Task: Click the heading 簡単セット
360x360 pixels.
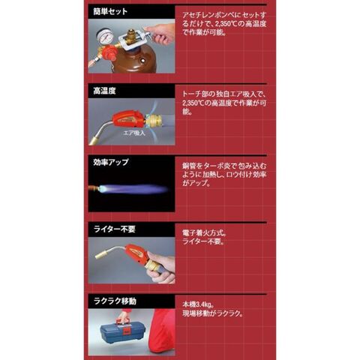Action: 110,11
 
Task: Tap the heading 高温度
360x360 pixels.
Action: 104,91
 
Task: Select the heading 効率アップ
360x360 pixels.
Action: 111,162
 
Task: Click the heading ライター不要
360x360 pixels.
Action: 115,229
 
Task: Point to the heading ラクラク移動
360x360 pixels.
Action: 115,301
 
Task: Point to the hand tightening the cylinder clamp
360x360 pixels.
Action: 162,34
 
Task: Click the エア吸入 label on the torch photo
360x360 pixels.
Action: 134,133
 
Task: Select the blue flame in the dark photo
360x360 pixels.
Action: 133,189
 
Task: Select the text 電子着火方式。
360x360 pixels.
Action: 205,233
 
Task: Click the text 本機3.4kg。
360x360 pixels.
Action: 198,305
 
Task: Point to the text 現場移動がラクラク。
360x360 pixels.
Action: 213,313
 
